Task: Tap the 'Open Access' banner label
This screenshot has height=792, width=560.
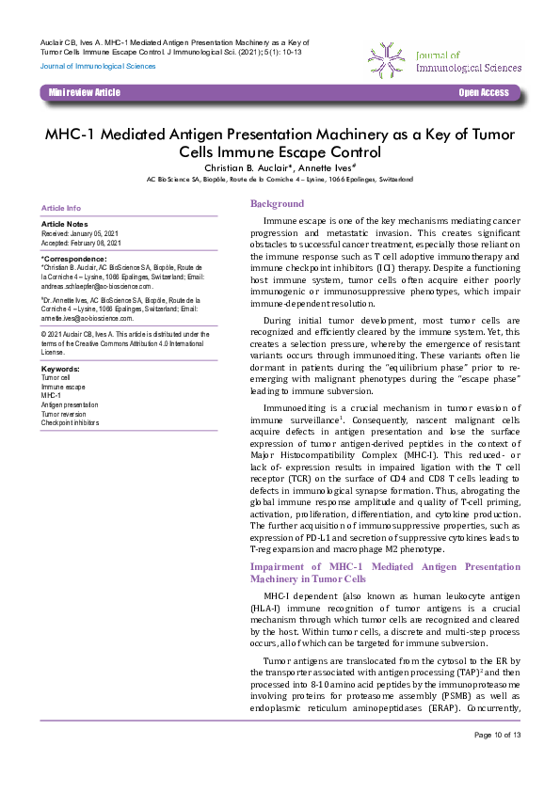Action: point(483,92)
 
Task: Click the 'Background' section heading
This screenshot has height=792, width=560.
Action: point(277,203)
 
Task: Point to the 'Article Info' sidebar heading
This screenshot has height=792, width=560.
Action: point(61,208)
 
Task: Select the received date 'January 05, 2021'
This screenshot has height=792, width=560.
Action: point(96,232)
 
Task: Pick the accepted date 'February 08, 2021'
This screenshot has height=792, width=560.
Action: point(98,241)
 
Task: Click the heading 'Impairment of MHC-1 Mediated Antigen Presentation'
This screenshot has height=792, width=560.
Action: point(372,567)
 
